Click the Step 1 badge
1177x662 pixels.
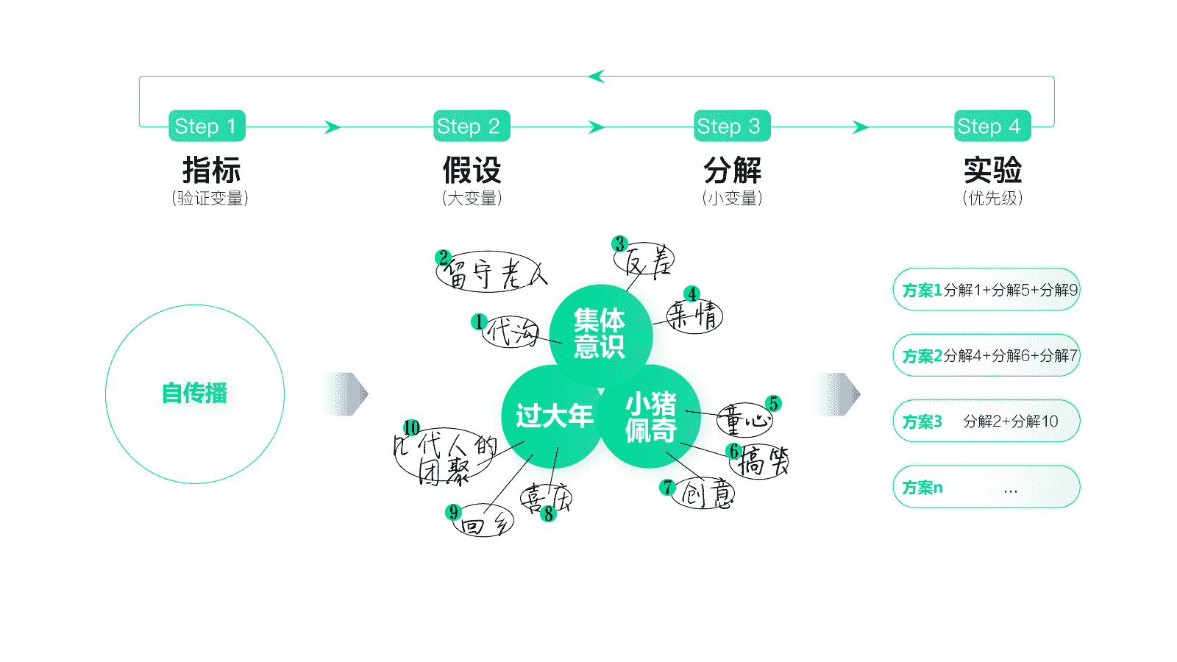click(x=206, y=126)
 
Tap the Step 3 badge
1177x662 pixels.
click(x=732, y=126)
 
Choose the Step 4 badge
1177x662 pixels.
click(x=992, y=126)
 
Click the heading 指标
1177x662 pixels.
click(x=211, y=171)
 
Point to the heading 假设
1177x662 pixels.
click(x=472, y=171)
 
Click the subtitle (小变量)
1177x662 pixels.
click(x=732, y=199)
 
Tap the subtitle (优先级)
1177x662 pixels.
click(x=992, y=199)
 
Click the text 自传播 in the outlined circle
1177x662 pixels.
click(x=195, y=394)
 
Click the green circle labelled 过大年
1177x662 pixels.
click(x=553, y=416)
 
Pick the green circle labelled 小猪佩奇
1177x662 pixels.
click(x=650, y=416)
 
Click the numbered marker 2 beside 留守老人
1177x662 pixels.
click(x=443, y=257)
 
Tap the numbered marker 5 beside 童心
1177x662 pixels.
click(x=773, y=403)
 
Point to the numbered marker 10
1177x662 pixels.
click(x=411, y=427)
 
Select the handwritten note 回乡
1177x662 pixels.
click(x=484, y=524)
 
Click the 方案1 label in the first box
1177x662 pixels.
click(x=922, y=291)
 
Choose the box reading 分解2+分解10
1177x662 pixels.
click(x=986, y=421)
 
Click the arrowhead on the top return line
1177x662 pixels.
click(x=596, y=76)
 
